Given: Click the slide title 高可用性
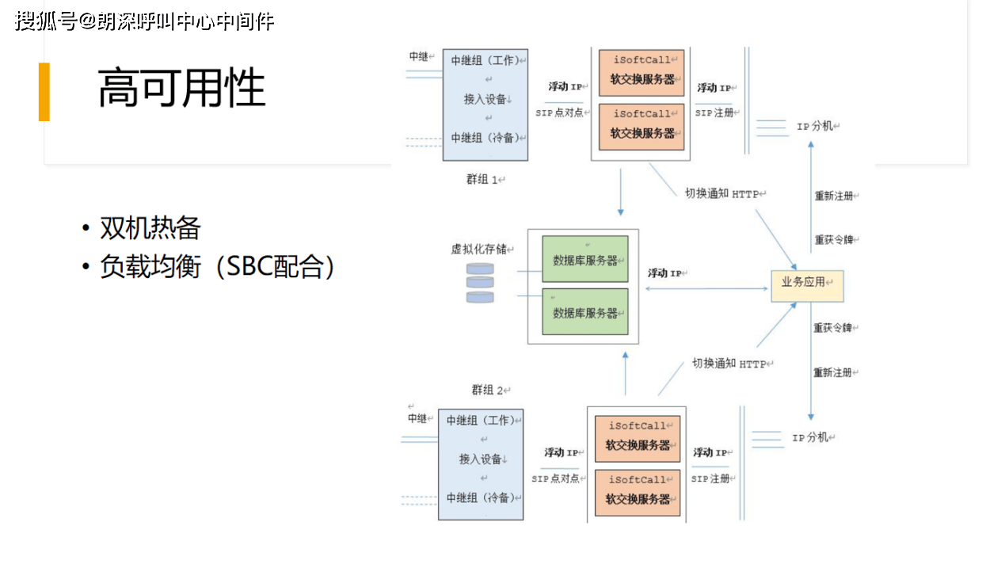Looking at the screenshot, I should [181, 87].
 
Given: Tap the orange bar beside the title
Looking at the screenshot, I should [44, 92].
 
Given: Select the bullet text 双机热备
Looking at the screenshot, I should [150, 228].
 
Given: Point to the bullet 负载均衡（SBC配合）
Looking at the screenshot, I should [217, 267].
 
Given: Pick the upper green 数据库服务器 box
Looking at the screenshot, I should [584, 259].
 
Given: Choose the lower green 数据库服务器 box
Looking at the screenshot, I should [584, 311].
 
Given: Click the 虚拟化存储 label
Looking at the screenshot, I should [478, 249].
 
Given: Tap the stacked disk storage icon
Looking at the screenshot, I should [479, 284].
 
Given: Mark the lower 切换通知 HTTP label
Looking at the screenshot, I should [729, 364].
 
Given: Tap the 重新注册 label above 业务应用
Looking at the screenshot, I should [834, 196].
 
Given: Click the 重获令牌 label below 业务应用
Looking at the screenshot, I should [832, 328].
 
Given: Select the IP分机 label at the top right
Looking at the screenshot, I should [815, 126].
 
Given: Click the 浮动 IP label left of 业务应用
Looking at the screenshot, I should [665, 273].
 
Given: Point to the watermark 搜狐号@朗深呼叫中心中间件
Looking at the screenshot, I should [144, 21].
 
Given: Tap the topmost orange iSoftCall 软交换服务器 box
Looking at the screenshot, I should [641, 73].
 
